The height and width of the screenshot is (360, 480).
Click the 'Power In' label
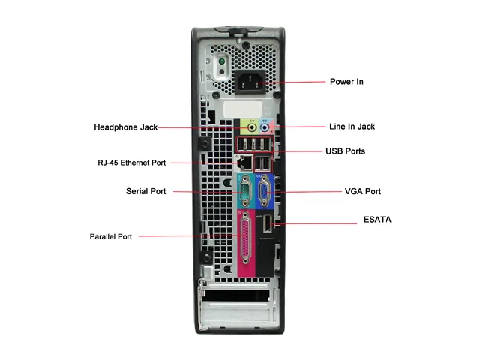346,82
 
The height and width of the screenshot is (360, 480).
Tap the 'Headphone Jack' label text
125,127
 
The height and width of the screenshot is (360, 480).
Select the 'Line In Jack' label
352,127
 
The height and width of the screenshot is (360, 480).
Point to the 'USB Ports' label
345,151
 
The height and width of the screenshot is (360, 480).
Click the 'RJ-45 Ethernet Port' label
132,163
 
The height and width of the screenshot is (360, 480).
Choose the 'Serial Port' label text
145,191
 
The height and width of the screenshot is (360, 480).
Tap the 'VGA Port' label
363,191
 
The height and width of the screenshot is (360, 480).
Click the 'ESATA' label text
377,220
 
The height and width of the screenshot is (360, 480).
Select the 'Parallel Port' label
111,237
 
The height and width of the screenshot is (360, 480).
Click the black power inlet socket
250,82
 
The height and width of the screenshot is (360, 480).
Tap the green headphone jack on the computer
252,127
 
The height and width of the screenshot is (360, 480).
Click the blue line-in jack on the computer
265,127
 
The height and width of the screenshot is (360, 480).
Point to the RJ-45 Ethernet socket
244,163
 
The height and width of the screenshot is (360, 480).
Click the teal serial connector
245,191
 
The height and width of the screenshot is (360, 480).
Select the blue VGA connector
263,191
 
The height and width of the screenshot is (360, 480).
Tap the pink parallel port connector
246,238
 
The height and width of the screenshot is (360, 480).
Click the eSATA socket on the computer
267,223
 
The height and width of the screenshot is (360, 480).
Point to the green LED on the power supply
222,61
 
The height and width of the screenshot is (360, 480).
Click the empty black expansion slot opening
235,295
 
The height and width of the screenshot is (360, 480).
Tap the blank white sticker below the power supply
243,109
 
